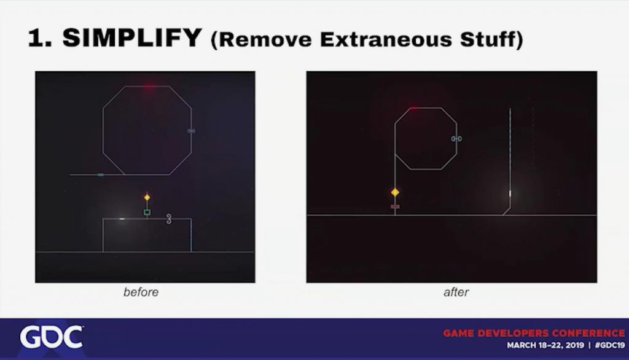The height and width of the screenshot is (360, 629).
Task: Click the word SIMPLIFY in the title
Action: click(x=131, y=37)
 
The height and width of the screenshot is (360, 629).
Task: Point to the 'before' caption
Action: click(x=141, y=292)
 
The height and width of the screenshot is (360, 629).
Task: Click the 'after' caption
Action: click(x=456, y=292)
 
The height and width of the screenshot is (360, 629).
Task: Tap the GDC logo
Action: click(x=52, y=337)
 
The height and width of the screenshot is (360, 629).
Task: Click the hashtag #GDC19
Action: click(x=610, y=345)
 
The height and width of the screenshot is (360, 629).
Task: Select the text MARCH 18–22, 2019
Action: click(x=545, y=345)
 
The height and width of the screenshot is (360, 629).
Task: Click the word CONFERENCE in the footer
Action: click(x=588, y=333)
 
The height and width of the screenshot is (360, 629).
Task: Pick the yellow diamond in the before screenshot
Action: click(x=147, y=197)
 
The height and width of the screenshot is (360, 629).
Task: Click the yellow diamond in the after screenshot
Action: click(x=395, y=192)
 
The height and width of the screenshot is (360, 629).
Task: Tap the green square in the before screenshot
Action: click(x=147, y=212)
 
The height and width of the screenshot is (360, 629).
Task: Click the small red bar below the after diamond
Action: click(x=395, y=206)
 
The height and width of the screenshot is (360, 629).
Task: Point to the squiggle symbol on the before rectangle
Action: click(x=169, y=219)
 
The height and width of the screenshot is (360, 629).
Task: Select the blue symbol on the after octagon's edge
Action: click(x=456, y=138)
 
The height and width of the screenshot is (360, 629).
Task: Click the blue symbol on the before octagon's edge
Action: click(x=192, y=131)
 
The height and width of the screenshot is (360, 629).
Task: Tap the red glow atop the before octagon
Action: click(x=149, y=86)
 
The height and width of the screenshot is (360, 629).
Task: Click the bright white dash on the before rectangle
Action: click(x=122, y=219)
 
